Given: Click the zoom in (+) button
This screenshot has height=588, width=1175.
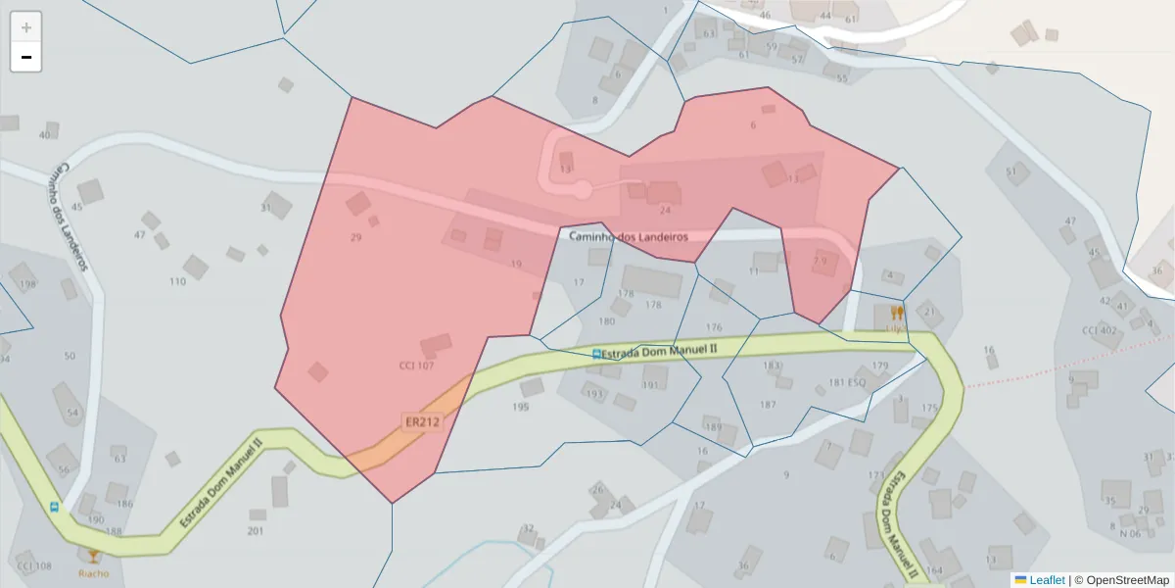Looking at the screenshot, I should point(25,27).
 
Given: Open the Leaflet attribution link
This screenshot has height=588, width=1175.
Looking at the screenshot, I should point(1046,580).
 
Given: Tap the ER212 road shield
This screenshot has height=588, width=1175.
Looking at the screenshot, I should point(422,422).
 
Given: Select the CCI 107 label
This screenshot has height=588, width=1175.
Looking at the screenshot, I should point(416,367).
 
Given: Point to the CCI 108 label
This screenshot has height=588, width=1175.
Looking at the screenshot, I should point(34,566).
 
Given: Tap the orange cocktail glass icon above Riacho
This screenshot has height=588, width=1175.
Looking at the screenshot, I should point(94,557).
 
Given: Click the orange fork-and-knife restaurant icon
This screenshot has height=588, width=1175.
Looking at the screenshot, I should point(896,314).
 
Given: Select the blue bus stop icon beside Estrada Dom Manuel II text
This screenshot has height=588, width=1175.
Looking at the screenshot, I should point(595,353).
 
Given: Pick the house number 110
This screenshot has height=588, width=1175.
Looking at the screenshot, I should point(177,282).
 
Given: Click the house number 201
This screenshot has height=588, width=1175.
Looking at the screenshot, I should point(256,531).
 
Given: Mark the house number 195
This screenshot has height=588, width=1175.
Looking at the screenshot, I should point(520,407).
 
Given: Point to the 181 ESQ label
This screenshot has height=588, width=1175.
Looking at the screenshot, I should point(847,382).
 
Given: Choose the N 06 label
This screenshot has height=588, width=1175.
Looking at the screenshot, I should point(1130,534).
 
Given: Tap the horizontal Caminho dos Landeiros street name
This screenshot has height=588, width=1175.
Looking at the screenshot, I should point(628,237).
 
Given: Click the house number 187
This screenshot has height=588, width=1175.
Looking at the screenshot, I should point(768,404).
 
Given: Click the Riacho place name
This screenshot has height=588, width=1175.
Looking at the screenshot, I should point(94,574).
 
